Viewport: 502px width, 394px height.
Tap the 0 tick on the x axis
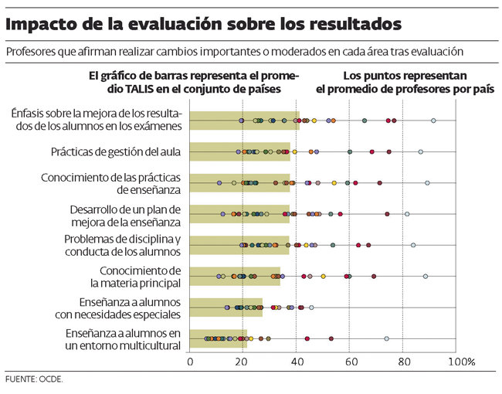190,362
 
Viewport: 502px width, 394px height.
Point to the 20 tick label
243,362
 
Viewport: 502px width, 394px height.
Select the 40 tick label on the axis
297,362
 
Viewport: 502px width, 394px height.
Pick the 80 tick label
402,362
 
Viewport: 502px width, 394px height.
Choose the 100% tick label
461,362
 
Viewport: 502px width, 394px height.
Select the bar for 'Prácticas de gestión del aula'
239,151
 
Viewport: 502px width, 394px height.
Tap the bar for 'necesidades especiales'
226,307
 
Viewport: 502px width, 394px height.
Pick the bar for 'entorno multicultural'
219,338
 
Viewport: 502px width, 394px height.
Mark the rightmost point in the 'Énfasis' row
433,121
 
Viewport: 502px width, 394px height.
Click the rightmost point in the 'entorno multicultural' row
386,338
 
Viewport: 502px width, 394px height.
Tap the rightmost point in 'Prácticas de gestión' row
421,152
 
